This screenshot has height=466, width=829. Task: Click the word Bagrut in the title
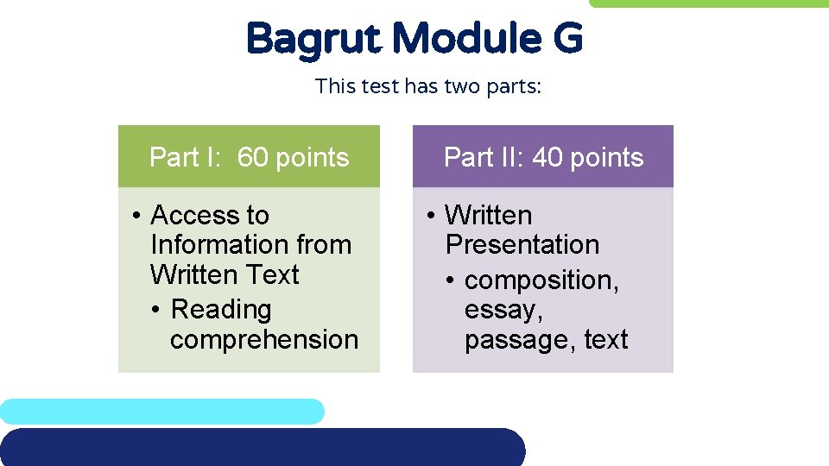(313, 39)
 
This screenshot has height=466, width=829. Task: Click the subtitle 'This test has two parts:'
(428, 86)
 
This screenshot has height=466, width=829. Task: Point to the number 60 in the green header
(252, 157)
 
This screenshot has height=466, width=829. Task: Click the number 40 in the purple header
(547, 157)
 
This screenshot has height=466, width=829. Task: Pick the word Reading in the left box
(221, 309)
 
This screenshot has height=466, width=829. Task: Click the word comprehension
(264, 340)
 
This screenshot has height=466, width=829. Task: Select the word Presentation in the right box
(522, 245)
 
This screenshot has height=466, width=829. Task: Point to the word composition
(541, 280)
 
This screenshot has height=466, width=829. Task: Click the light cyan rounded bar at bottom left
(161, 411)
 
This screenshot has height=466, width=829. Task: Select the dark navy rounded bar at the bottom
(259, 447)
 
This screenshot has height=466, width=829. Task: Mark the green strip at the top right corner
(708, 3)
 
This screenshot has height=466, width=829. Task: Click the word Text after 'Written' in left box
(269, 275)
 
